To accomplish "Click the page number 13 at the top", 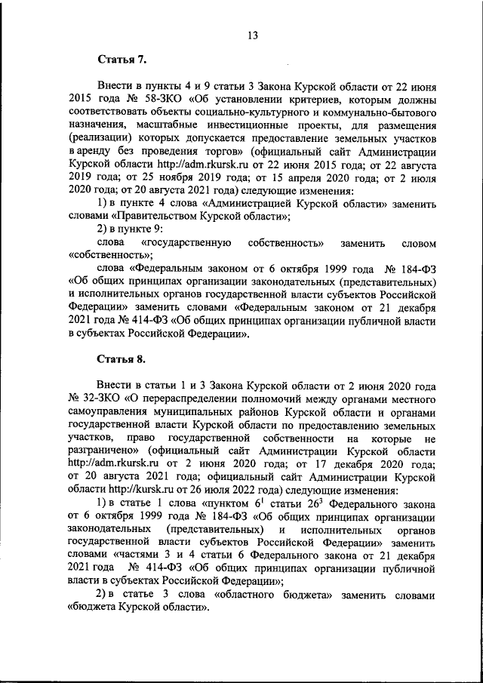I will [x=252, y=35].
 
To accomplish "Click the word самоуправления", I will [x=109, y=409].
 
